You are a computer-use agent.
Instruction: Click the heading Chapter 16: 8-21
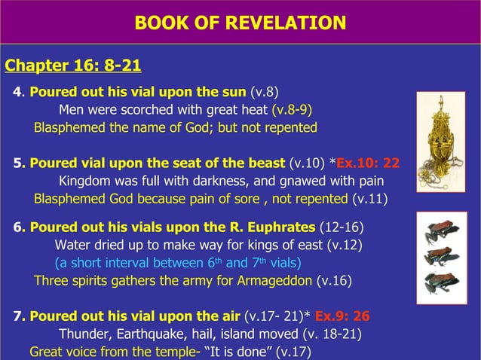73,65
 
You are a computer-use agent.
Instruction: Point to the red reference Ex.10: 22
368,163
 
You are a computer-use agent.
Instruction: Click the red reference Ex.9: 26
342,316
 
